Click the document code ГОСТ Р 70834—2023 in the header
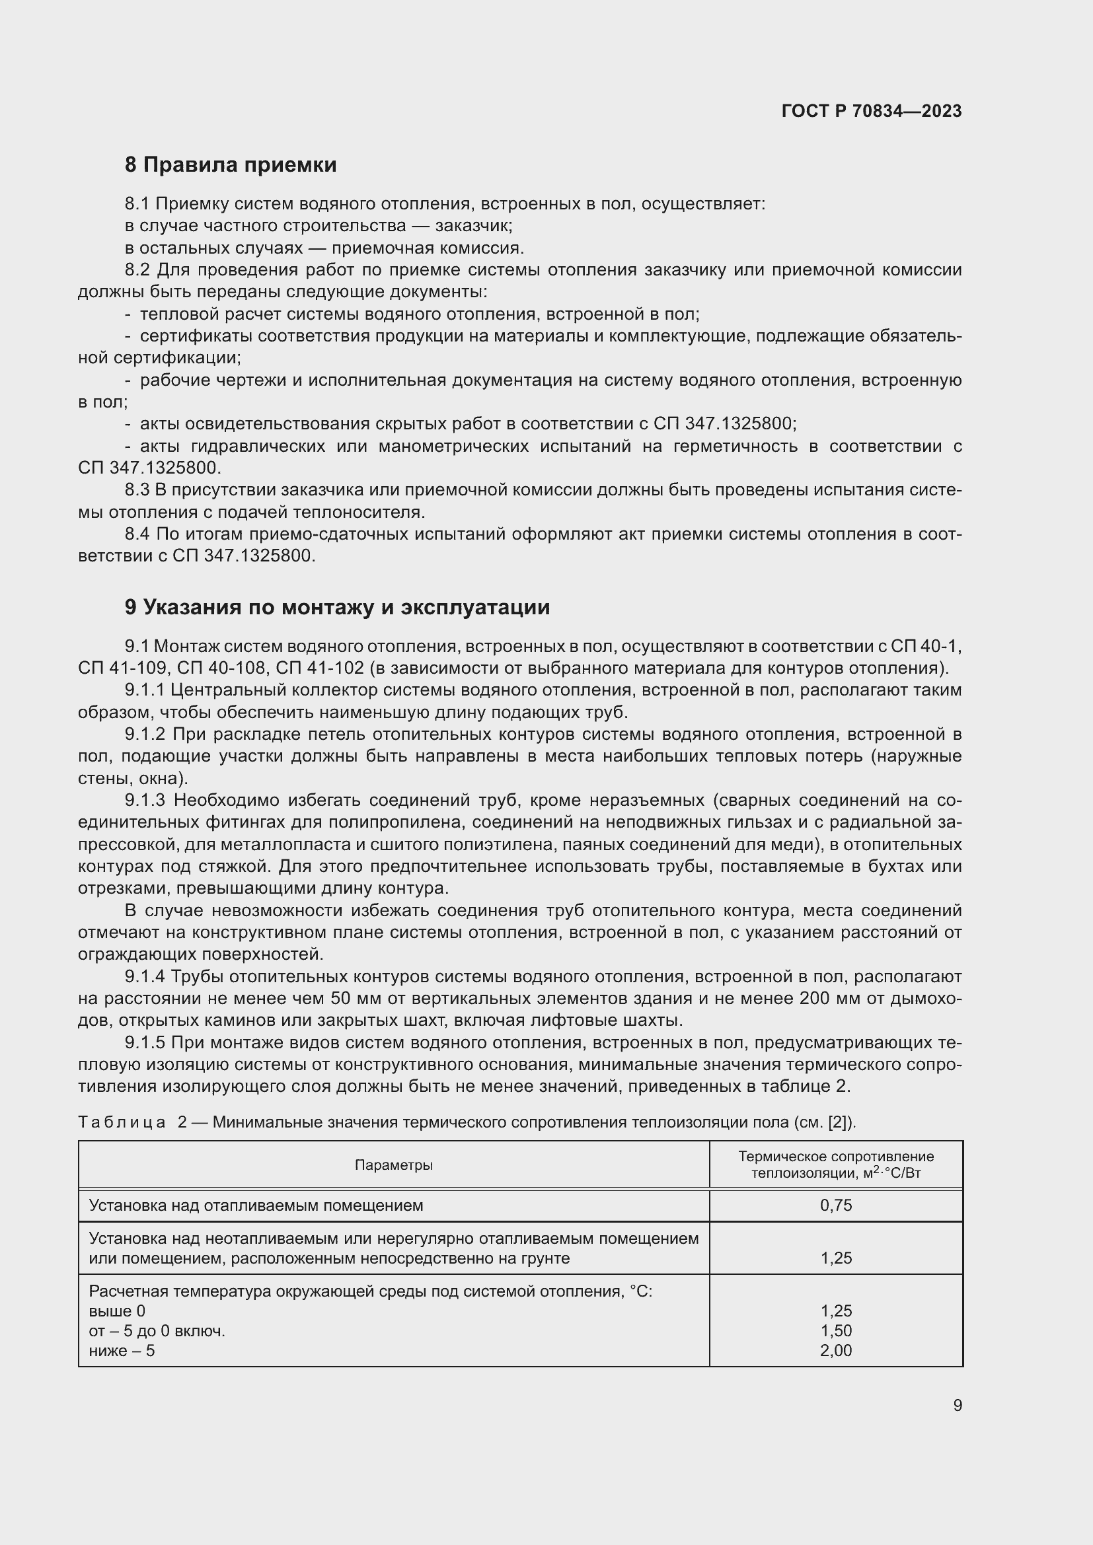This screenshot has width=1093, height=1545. pyautogui.click(x=872, y=111)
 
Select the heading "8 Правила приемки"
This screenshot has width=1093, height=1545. pyautogui.click(x=230, y=165)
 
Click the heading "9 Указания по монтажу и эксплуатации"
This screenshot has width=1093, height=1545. pyautogui.click(x=336, y=608)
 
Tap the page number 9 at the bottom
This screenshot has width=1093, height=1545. pyautogui.click(x=957, y=1405)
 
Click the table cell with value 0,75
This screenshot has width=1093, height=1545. pyautogui.click(x=836, y=1205)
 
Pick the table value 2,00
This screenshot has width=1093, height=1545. pyautogui.click(x=836, y=1351)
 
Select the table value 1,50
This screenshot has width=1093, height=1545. pyautogui.click(x=836, y=1330)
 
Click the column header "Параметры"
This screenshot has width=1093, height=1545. pyautogui.click(x=394, y=1165)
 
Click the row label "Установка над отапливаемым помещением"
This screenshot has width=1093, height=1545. pyautogui.click(x=256, y=1205)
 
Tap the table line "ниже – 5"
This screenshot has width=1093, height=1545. pyautogui.click(x=122, y=1351)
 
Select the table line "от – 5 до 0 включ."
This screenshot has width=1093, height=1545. pyautogui.click(x=157, y=1330)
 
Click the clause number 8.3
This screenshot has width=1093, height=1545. pyautogui.click(x=137, y=490)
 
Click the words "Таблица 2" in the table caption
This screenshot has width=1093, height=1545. pyautogui.click(x=133, y=1122)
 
